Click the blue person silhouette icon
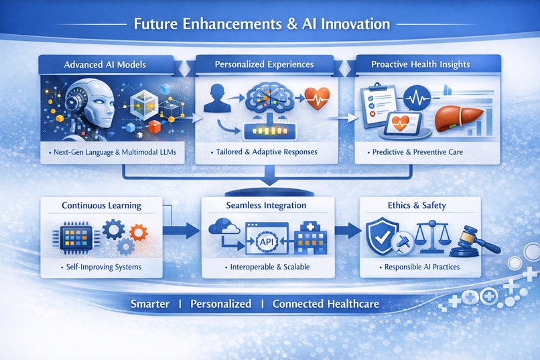[212, 99]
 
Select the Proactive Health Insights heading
[420, 65]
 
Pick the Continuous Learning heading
[102, 205]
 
